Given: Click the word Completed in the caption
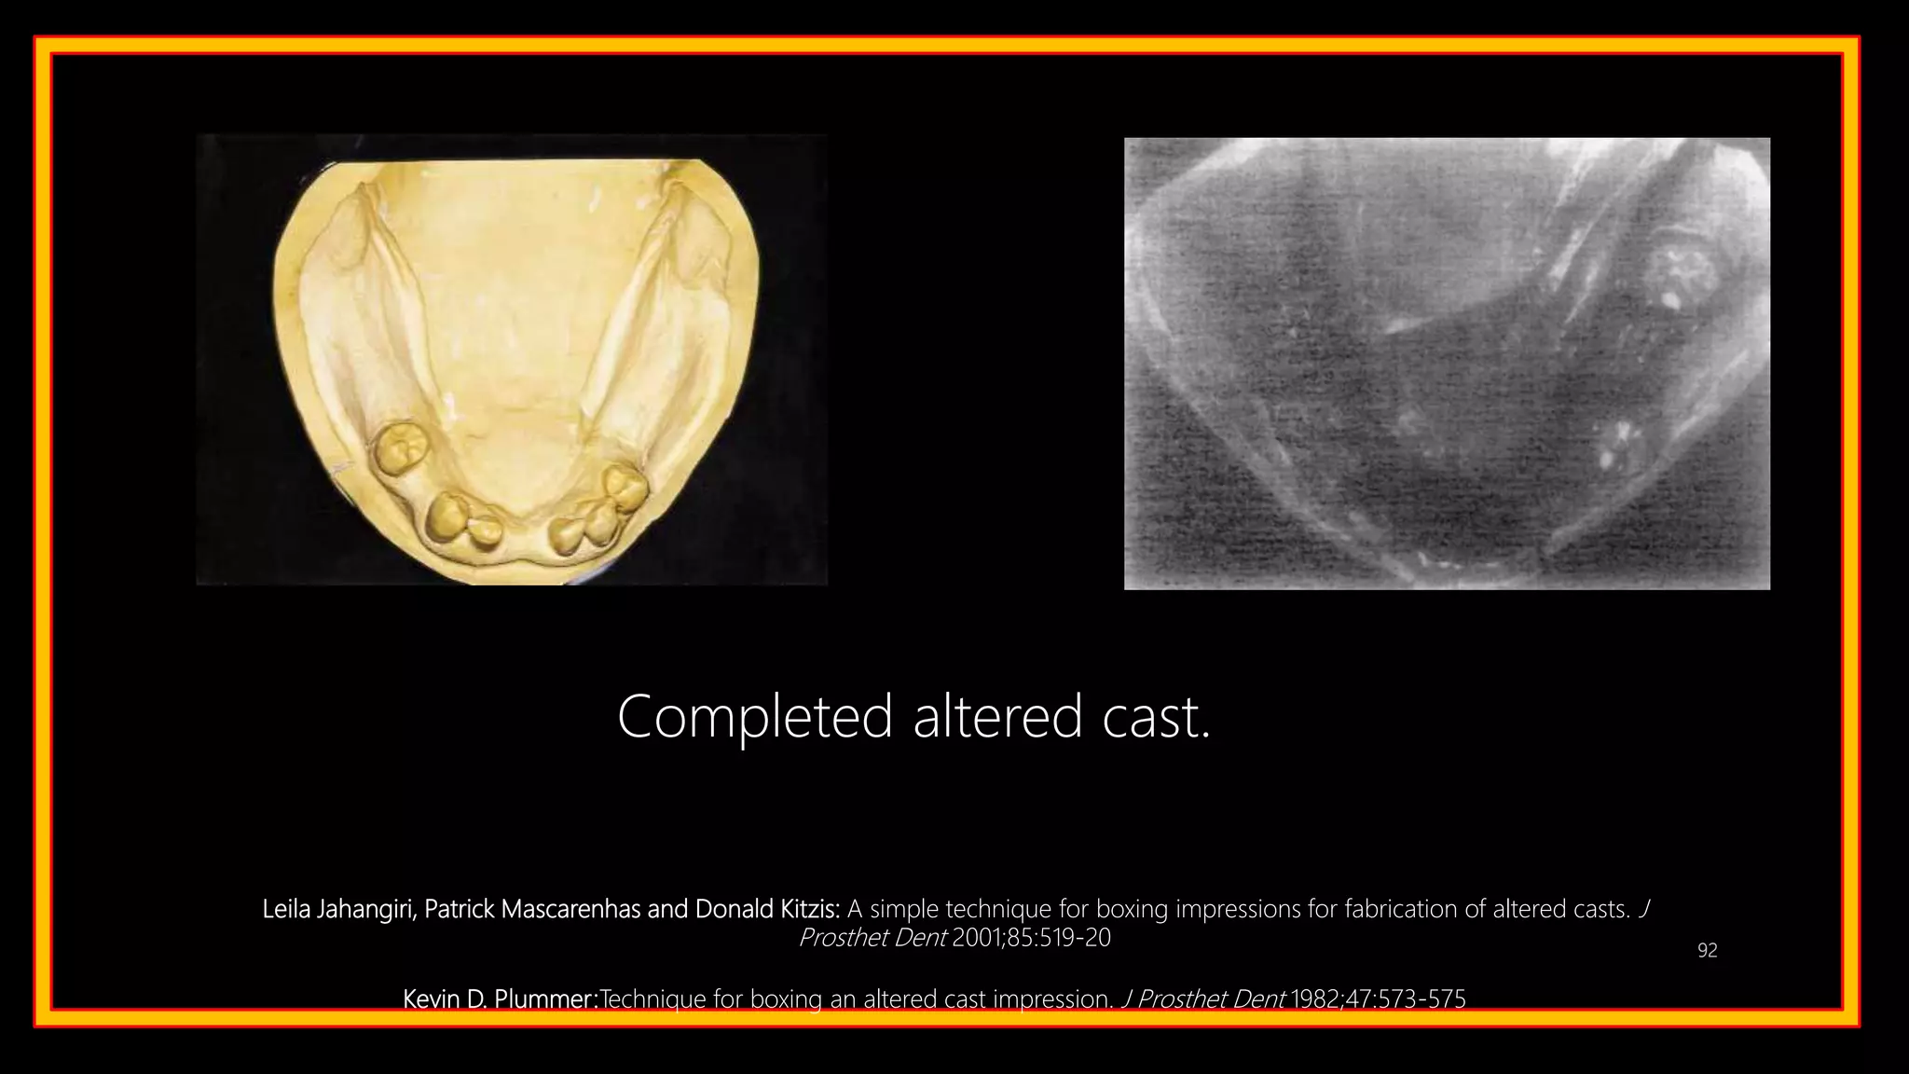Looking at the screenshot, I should coord(755,718).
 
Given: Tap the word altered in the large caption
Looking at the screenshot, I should coord(997,718).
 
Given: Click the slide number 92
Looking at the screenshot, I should coord(1707,951).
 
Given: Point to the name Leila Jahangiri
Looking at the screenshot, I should coord(337,909).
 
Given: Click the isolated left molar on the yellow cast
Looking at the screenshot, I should coord(399,447).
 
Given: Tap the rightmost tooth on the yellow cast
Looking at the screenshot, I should coord(625,483).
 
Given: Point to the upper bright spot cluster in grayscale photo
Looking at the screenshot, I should coord(1681,275).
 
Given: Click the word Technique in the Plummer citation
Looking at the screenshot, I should coord(652,999).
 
